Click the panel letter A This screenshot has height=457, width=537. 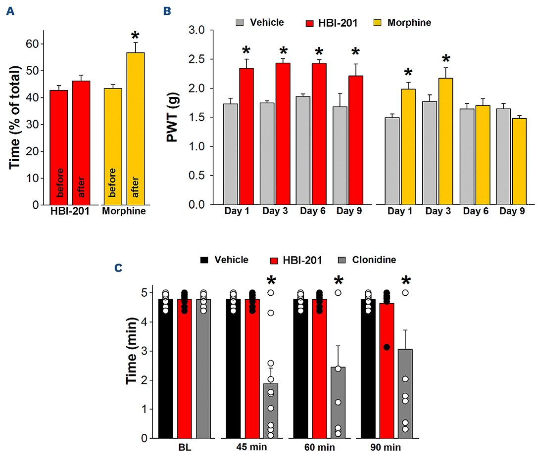[9, 10]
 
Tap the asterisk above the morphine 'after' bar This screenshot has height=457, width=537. [135, 36]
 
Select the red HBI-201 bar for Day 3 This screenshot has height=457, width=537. [290, 134]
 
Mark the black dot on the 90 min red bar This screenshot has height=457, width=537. [387, 347]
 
